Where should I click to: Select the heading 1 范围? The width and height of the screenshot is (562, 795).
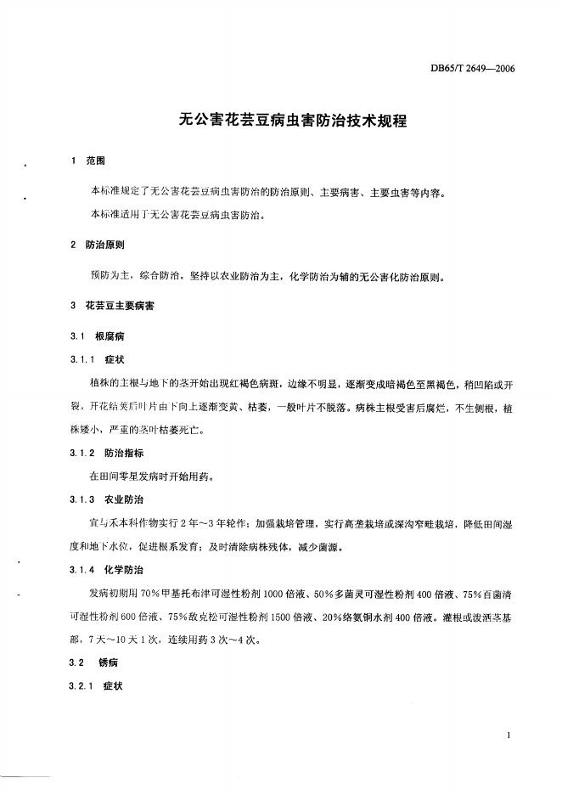coord(87,161)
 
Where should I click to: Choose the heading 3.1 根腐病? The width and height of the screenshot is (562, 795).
coord(98,336)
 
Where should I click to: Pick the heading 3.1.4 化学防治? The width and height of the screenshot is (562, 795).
coord(109,568)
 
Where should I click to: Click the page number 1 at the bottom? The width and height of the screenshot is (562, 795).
coord(507,736)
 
